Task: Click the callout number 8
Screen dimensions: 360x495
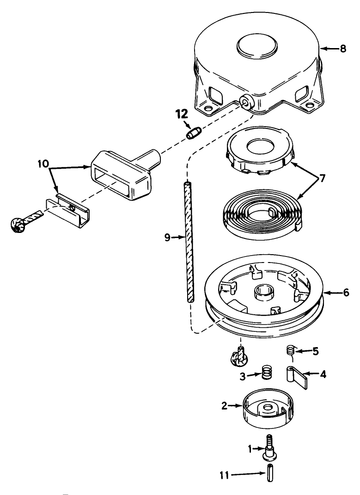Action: [343, 49]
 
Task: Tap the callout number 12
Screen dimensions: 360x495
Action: [182, 114]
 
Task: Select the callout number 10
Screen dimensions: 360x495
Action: [43, 164]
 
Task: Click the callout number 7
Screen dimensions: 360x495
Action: [322, 179]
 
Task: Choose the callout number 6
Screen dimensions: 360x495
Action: [346, 293]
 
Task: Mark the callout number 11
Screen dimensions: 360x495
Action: [225, 476]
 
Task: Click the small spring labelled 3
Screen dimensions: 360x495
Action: [267, 372]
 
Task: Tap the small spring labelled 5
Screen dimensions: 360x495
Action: [291, 351]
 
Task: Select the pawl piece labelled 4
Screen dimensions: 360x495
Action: [297, 378]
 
